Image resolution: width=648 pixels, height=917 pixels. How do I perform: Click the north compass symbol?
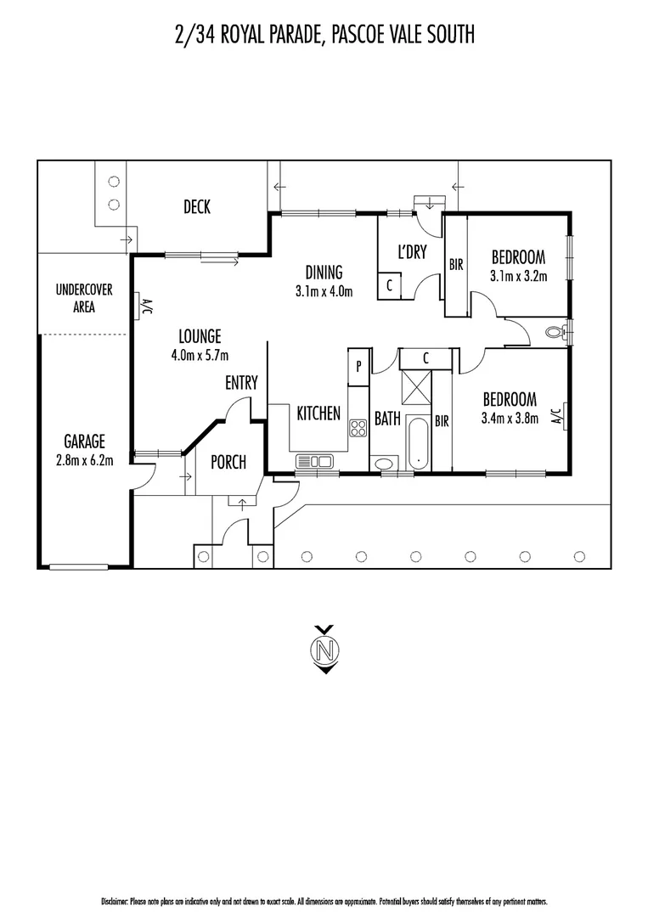pos(326,650)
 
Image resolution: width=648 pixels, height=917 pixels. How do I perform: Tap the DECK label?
pos(197,206)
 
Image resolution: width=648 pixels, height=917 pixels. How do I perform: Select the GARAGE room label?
pos(85,441)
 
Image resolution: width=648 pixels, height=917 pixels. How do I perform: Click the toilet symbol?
pos(556,333)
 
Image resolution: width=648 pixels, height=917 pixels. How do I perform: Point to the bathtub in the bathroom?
pos(418,442)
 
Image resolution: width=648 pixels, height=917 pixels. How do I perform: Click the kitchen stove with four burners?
pos(358,429)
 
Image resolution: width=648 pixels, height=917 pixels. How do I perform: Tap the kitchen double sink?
pos(314,461)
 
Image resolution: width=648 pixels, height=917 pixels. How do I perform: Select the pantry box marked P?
pos(358,367)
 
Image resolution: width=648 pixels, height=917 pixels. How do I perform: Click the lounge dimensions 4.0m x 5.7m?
pos(200,355)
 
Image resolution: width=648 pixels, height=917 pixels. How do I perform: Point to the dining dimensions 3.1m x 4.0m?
pos(324,290)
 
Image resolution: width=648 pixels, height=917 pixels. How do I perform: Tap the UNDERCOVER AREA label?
pos(84,298)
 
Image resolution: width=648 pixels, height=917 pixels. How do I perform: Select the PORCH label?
pos(228,462)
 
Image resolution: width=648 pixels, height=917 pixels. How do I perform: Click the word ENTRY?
pos(241,382)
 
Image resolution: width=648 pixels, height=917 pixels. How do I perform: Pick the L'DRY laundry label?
pos(412,252)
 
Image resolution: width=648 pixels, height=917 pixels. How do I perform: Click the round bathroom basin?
pos(384,464)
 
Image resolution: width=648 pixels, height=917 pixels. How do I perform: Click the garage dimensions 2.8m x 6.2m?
pos(85,460)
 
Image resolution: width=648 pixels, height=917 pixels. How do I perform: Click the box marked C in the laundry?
pos(390,287)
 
